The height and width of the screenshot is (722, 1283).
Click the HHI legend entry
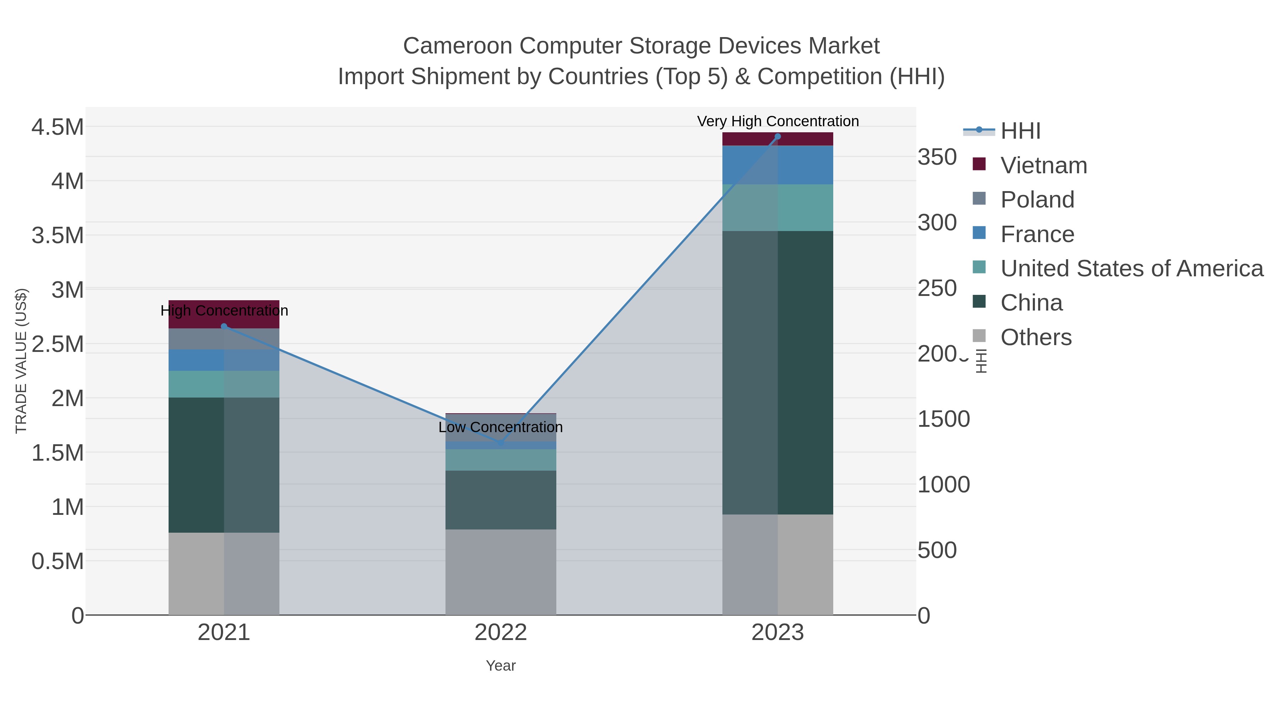[1020, 131]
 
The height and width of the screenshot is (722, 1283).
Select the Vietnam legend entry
[1044, 165]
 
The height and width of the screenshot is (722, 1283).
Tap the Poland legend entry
[1037, 200]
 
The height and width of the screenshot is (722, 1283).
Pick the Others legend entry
[1035, 337]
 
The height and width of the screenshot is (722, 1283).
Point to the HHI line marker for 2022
[501, 442]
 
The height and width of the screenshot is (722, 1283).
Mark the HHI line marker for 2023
[778, 137]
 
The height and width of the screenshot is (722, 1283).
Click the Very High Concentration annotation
[778, 121]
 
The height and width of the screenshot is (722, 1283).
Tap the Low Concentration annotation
[501, 427]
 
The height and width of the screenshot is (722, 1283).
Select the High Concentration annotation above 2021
[224, 311]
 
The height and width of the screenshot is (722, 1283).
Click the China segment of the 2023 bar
[778, 372]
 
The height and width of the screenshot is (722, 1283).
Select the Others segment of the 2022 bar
[501, 572]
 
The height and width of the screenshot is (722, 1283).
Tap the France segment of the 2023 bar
[778, 165]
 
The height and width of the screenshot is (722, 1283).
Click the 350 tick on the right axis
[937, 158]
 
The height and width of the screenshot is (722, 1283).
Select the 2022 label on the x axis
[501, 633]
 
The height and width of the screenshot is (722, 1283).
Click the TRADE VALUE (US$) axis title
[21, 361]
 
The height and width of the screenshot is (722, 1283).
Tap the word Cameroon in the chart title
[457, 46]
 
